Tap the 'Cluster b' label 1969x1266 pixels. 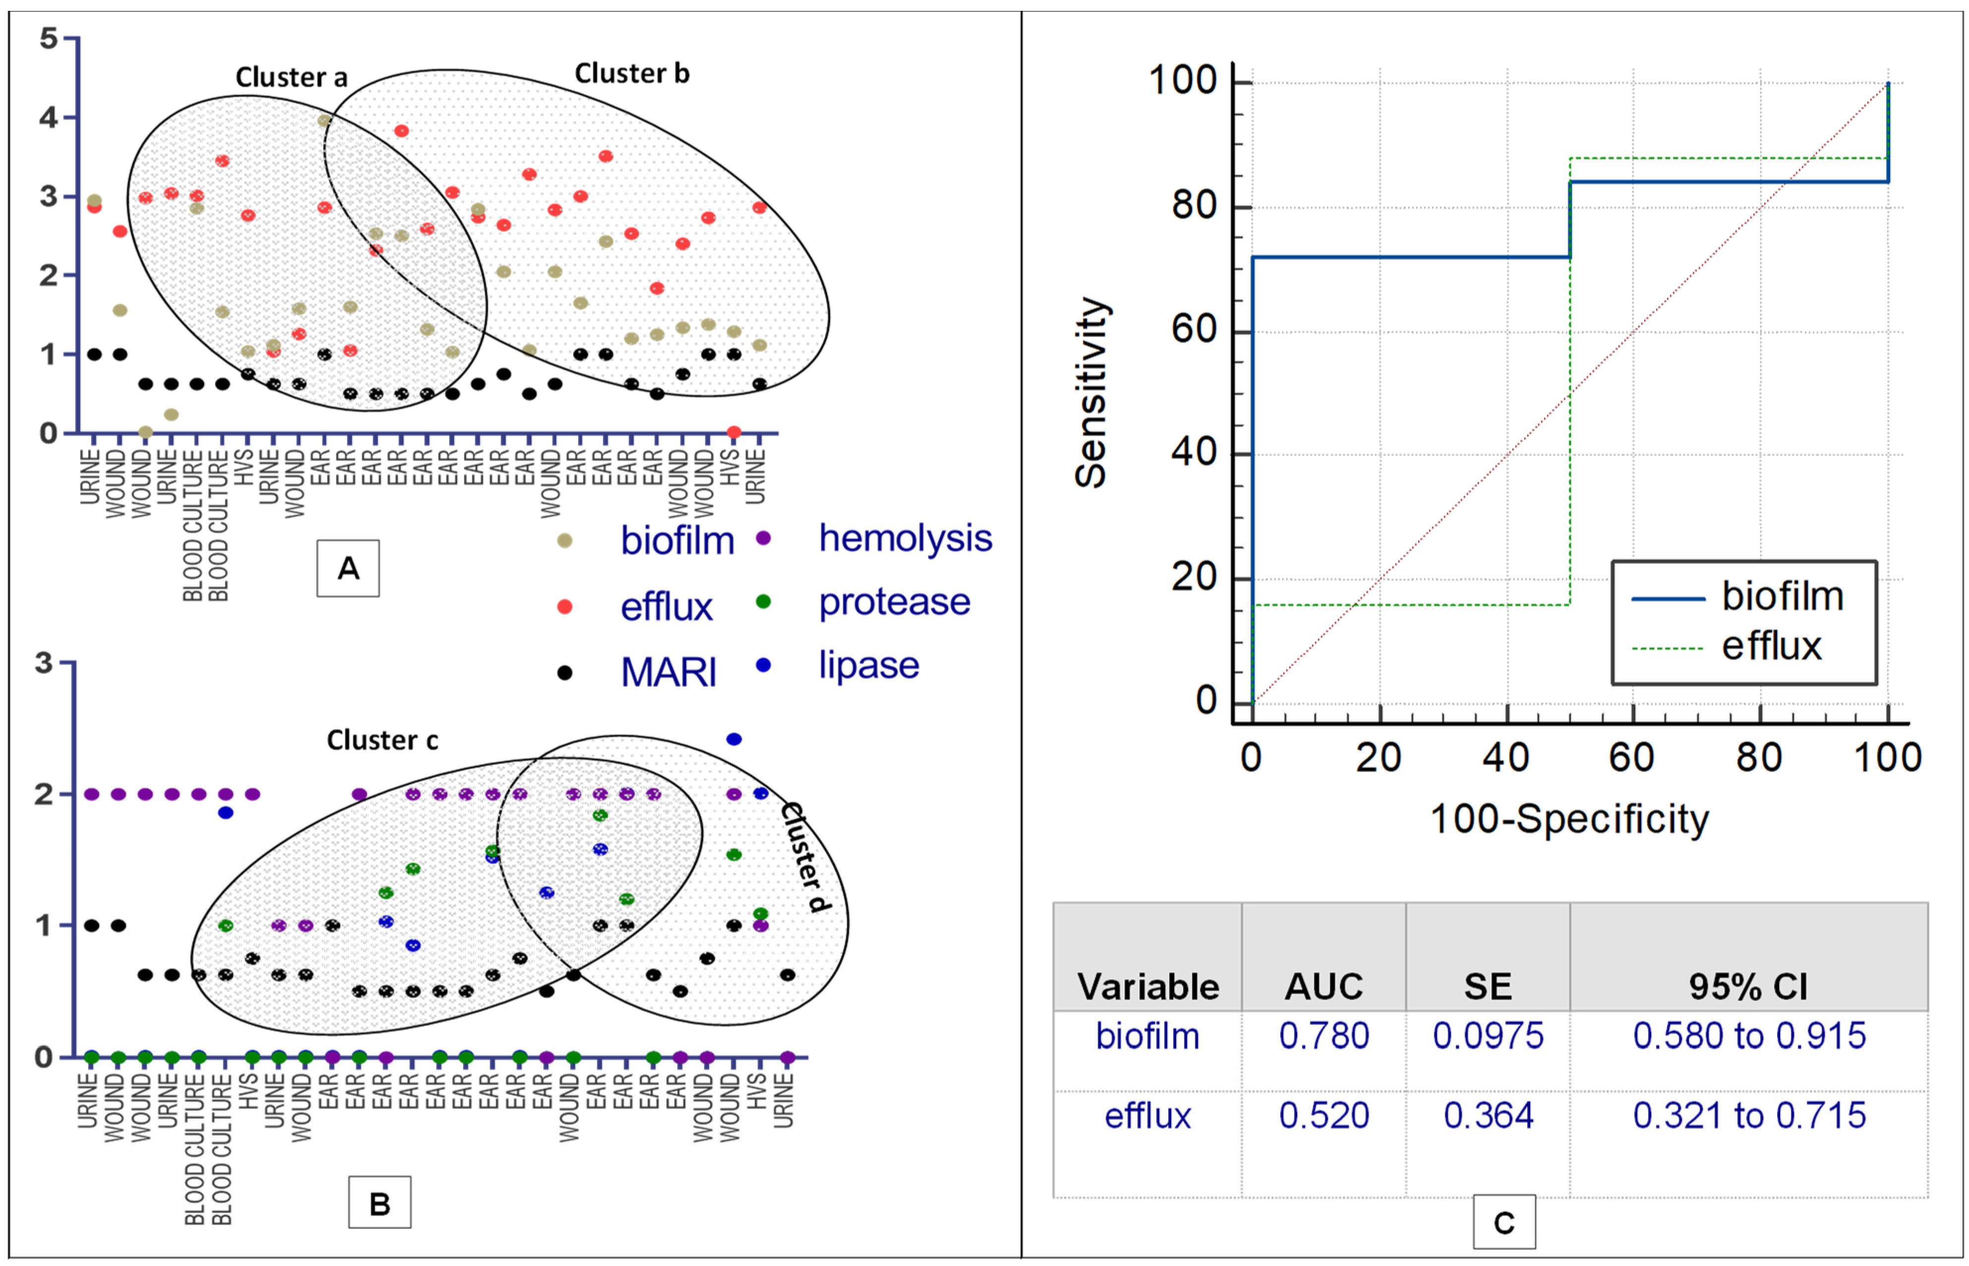coord(631,74)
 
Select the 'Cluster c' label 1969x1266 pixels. coord(382,740)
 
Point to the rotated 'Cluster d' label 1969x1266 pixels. coord(805,856)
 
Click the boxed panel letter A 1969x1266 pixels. coord(348,568)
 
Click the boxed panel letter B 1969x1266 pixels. coord(379,1204)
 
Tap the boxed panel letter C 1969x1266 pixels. coord(1504,1222)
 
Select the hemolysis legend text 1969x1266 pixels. coord(905,538)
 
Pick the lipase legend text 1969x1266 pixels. coord(868,665)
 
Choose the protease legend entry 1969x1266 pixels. coord(894,602)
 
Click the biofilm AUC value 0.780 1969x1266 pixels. coord(1323,1036)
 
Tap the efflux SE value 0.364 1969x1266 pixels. coord(1488,1116)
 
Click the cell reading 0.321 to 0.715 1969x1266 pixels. coord(1749,1116)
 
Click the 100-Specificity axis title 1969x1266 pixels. coord(1569,819)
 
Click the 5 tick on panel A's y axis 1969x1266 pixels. coord(49,38)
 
